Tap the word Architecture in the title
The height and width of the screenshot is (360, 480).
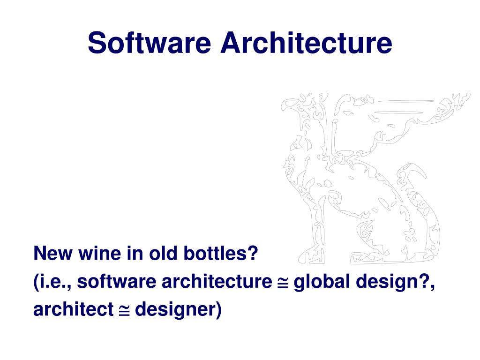[307, 43]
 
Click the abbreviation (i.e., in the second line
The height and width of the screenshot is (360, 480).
[52, 282]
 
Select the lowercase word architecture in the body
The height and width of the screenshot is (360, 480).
[216, 282]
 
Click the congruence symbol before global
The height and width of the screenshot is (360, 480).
[282, 282]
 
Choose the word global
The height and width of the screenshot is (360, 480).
[322, 282]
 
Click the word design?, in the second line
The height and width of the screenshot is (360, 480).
[395, 282]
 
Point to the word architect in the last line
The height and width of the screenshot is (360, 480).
[73, 309]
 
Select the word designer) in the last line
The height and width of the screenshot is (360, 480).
[178, 310]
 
